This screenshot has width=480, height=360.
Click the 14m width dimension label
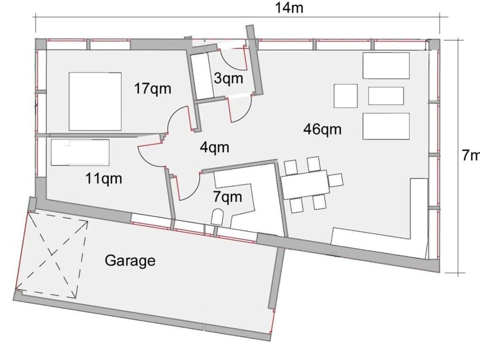289,8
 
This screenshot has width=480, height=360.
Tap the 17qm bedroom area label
153,89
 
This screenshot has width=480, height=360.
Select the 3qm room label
228,78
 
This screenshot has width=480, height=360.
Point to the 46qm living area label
322,129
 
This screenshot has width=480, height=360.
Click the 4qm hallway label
214,147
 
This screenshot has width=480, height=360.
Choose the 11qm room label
104,179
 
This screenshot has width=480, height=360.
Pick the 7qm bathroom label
227,196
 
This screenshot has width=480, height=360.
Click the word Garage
130,261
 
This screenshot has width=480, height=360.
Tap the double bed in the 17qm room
95,101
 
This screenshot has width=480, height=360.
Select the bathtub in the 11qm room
80,153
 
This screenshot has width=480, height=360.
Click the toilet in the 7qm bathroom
217,217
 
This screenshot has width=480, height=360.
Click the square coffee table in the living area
346,96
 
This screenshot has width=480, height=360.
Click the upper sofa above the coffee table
386,66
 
